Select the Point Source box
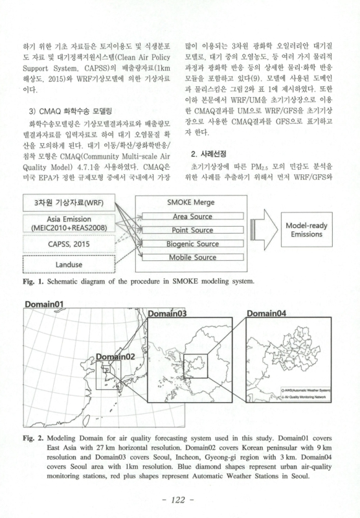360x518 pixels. [x=192, y=230]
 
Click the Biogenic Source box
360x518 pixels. [x=192, y=244]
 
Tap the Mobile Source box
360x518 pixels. [x=192, y=258]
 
